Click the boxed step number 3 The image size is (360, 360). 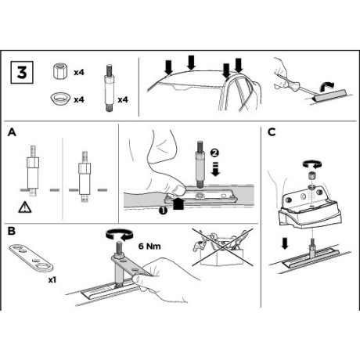coord(22,73)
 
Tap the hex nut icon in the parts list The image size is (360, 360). coord(59,70)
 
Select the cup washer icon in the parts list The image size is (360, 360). coord(60,99)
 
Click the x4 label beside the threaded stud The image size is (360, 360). coord(123,99)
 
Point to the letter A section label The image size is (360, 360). coord(12,132)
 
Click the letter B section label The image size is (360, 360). coord(12,231)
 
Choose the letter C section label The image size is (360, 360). coord(272,132)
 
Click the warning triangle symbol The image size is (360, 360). coord(25,207)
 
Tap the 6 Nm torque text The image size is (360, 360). coord(149,246)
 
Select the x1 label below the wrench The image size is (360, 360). coord(52,280)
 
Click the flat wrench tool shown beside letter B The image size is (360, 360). coord(31,258)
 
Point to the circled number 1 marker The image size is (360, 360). coord(163,211)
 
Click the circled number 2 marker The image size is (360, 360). coord(214,153)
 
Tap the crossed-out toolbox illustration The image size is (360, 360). coord(222,247)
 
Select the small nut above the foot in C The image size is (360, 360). coord(311,175)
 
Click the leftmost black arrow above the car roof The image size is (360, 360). coord(169,67)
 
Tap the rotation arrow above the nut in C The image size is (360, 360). coord(312,164)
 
